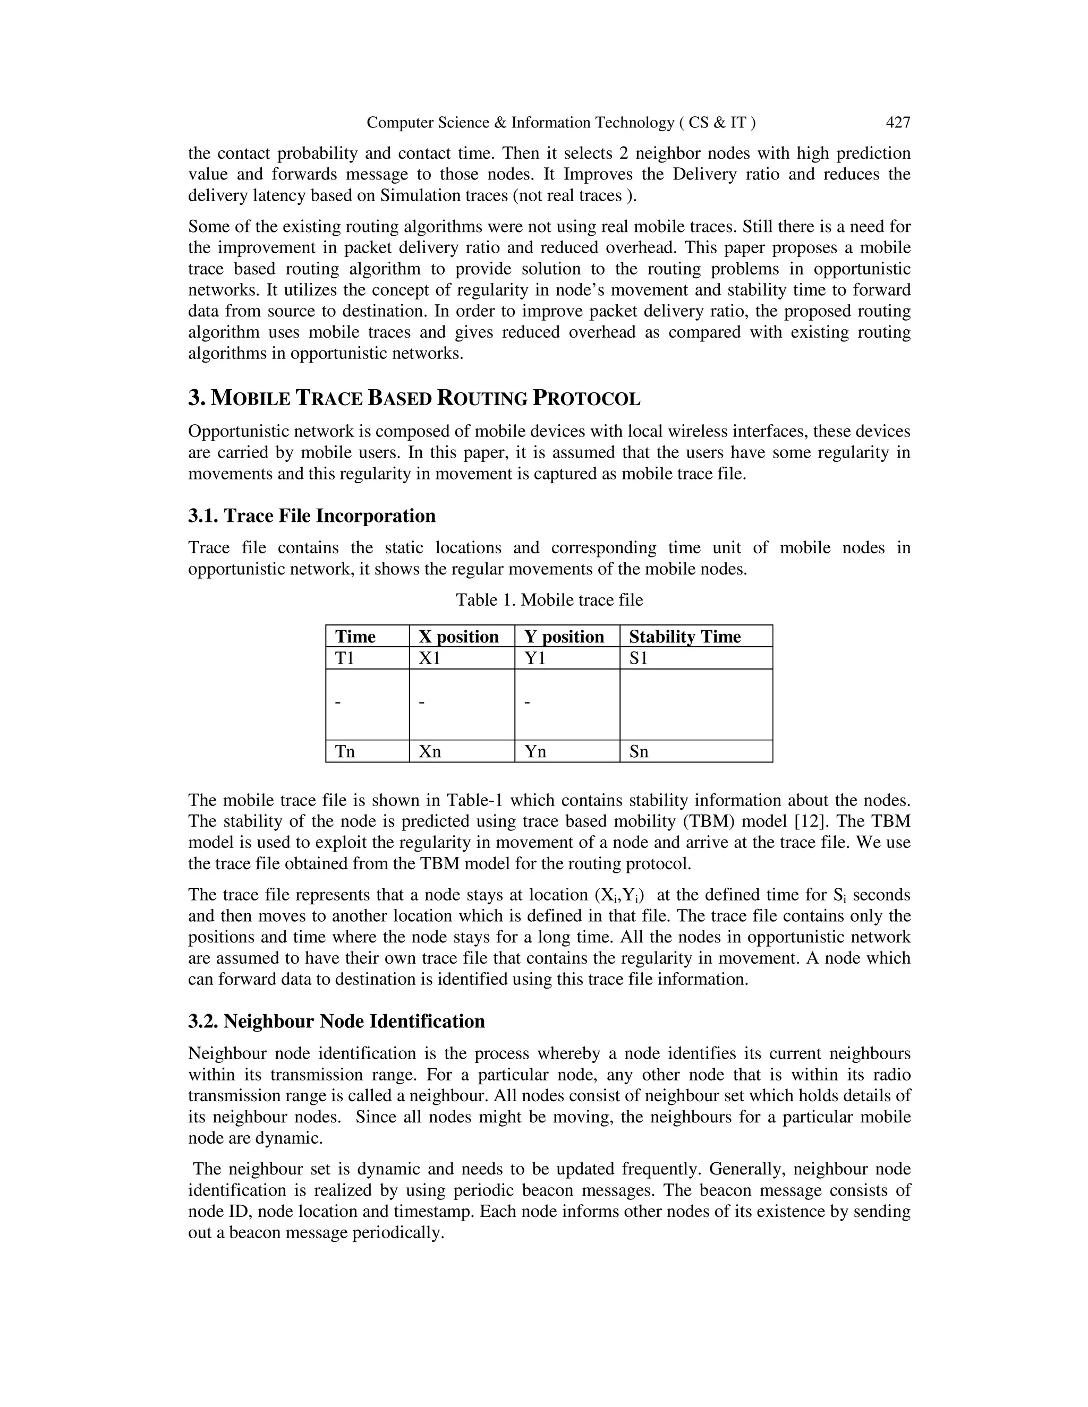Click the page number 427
pyautogui.click(x=898, y=123)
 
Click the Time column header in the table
pyautogui.click(x=355, y=637)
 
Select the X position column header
pyautogui.click(x=458, y=637)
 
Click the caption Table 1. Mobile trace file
pyautogui.click(x=549, y=600)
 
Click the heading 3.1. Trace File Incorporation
pyautogui.click(x=312, y=516)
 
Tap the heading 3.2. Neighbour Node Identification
pyautogui.click(x=336, y=1022)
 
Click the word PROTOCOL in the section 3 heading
pyautogui.click(x=586, y=399)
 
